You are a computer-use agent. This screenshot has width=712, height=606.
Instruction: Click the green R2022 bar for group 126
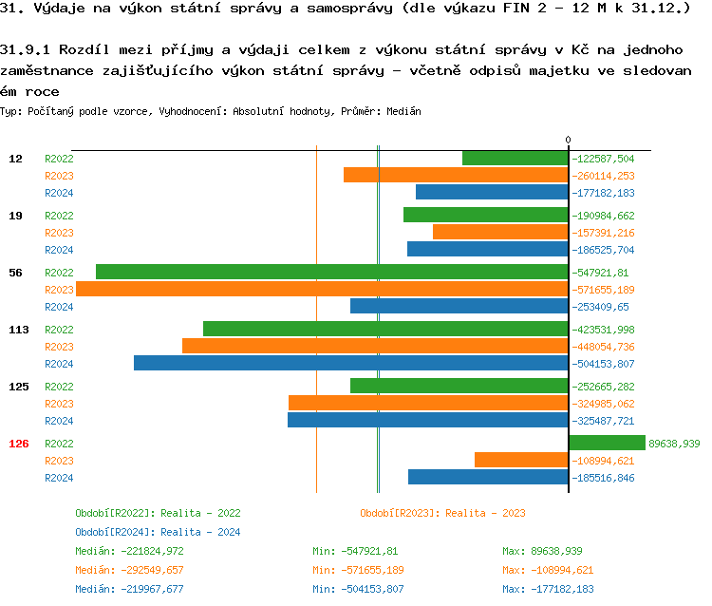[607, 443]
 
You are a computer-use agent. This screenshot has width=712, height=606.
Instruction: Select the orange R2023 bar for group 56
[322, 289]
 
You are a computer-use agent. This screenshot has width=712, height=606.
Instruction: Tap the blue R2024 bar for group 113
[351, 363]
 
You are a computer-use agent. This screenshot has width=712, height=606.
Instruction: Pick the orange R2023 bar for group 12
[456, 175]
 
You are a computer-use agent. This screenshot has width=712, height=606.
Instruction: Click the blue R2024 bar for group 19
[488, 249]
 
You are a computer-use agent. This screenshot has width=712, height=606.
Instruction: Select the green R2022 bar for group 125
[459, 386]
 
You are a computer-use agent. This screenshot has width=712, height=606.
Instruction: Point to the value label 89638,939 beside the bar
[674, 444]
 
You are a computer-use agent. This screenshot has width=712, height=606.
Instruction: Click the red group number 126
[19, 444]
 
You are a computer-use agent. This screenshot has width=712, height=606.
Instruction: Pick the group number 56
[15, 273]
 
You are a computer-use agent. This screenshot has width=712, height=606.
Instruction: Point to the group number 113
[19, 330]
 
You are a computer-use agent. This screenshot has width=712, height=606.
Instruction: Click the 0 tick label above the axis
[569, 141]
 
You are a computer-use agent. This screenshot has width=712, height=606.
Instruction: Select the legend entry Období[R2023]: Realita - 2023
[442, 513]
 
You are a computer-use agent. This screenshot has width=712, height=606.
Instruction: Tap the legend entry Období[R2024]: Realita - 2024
[158, 532]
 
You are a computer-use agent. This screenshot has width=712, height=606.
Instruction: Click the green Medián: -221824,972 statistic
[129, 551]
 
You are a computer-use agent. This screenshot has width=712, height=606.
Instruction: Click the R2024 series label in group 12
[59, 193]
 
